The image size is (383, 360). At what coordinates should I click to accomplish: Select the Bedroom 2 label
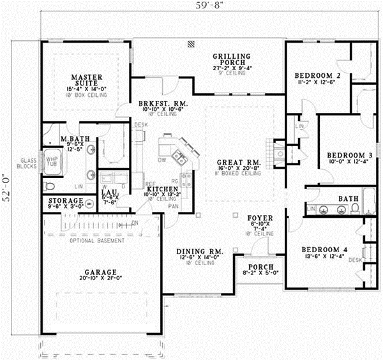(x=317, y=76)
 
